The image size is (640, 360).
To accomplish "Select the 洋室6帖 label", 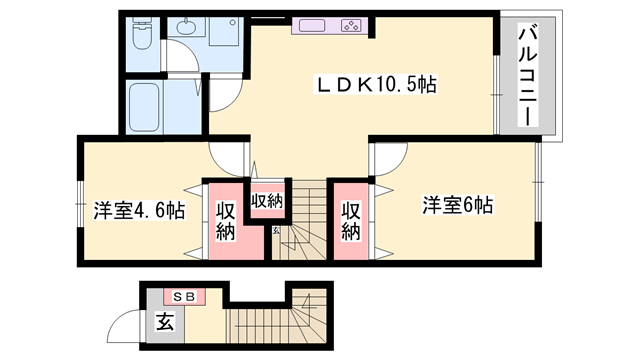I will [455, 205].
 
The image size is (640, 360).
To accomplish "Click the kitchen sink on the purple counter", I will [312, 24].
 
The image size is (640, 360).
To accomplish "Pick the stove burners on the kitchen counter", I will [352, 24].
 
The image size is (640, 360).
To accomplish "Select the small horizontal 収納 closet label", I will [266, 200].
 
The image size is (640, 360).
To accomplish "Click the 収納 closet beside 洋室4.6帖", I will [224, 222].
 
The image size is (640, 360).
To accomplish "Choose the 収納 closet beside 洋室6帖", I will [351, 222].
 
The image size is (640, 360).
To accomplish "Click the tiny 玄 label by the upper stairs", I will [276, 233].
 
